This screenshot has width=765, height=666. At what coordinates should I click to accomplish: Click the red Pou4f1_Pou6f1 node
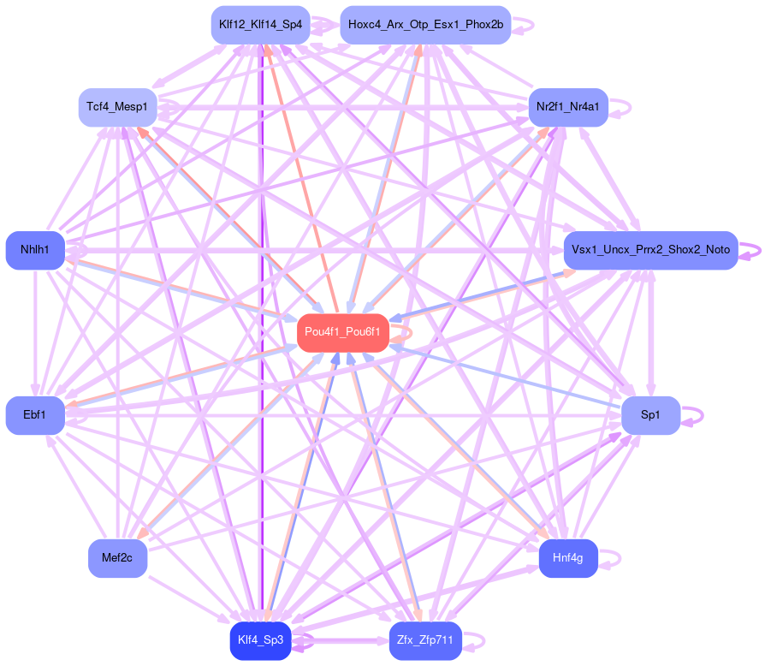[x=342, y=332]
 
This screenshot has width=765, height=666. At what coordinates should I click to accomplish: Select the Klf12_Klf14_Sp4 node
[x=260, y=25]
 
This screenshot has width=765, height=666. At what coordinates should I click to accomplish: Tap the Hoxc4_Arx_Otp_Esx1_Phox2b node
[x=425, y=25]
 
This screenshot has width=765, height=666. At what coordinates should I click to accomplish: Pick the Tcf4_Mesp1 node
[x=117, y=107]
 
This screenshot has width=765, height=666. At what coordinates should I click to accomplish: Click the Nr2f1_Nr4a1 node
[x=568, y=107]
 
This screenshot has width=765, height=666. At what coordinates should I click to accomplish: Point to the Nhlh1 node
[x=35, y=250]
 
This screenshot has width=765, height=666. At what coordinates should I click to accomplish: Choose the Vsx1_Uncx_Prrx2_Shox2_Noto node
[x=650, y=250]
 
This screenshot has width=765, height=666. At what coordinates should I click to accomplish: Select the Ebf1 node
[x=35, y=415]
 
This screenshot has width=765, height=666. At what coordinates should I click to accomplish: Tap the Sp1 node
[x=650, y=415]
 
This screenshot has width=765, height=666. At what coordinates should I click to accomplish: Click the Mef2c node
[x=117, y=559]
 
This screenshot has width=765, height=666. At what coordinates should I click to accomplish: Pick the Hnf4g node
[x=568, y=559]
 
